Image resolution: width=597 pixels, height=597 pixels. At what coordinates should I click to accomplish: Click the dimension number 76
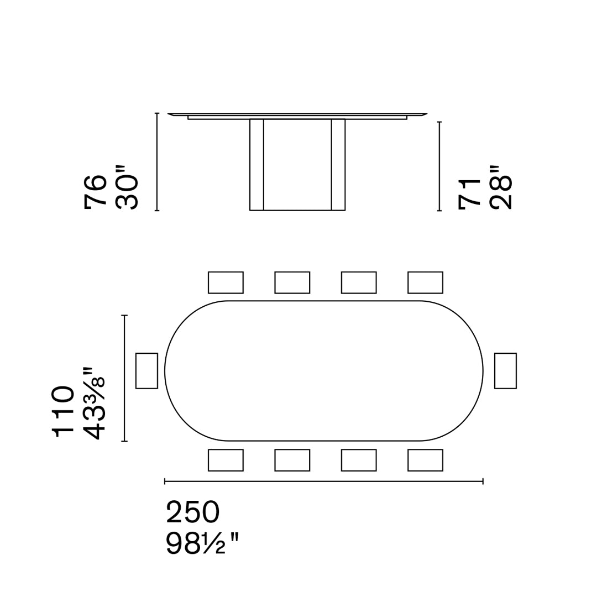pos(95,191)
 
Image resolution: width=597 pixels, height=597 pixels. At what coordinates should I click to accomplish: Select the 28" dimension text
pos(501,187)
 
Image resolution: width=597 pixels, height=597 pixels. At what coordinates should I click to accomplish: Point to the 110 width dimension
pos(63,411)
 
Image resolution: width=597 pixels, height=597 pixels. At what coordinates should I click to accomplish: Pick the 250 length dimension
pos(193,512)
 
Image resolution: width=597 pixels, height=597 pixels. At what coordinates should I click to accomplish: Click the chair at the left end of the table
pos(146,370)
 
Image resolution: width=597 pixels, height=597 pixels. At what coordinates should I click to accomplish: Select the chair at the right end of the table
pos(505,370)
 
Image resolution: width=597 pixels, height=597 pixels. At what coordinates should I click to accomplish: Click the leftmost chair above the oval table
pos(226,282)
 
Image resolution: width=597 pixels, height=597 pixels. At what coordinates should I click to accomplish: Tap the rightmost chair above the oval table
pos(425,282)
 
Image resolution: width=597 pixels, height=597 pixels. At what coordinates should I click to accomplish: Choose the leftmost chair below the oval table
pos(226,460)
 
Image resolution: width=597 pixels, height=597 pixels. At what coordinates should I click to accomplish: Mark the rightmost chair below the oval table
pos(425,460)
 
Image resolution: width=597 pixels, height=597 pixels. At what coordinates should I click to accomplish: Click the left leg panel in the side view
pos(256,165)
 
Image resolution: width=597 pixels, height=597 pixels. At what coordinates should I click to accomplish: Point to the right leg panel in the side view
pos(338,165)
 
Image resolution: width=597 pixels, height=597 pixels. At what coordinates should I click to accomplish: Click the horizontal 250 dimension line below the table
pos(324,481)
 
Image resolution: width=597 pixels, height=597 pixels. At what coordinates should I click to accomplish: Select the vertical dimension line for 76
pos(157,162)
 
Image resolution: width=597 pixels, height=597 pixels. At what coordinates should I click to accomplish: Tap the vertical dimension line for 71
pos(439,166)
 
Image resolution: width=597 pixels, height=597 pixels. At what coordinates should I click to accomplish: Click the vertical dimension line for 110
pos(124,378)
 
